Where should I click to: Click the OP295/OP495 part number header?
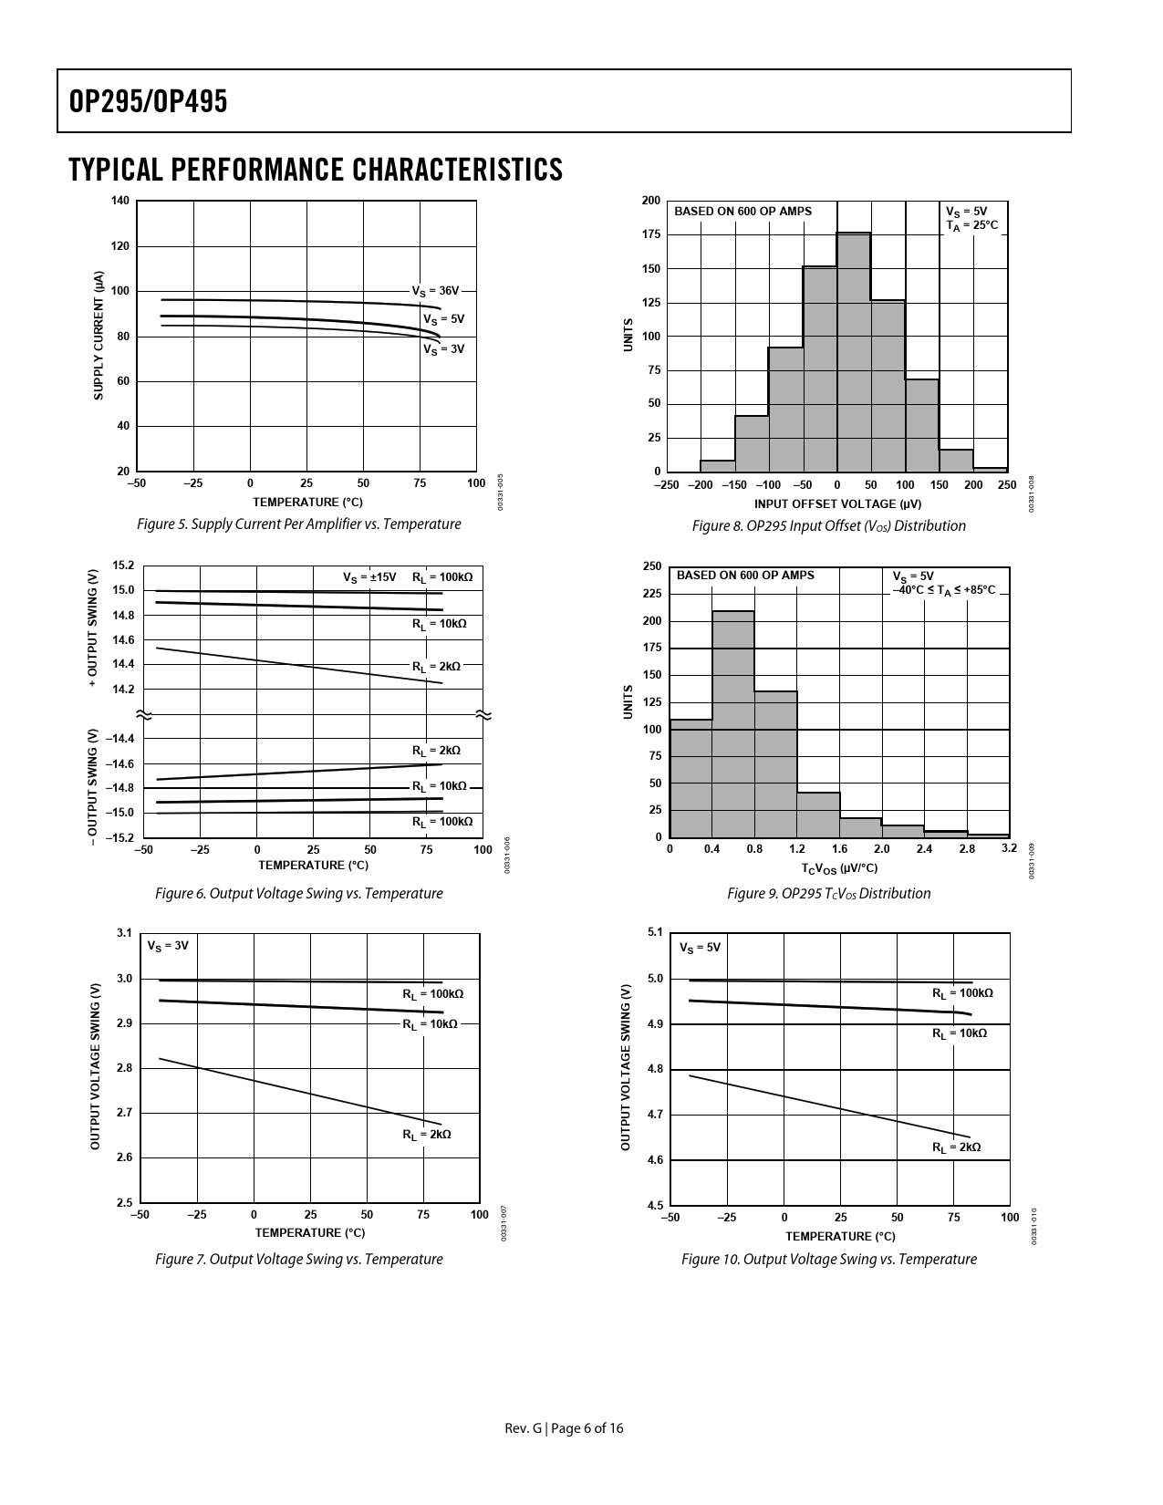(148, 101)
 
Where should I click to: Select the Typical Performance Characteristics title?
(315, 170)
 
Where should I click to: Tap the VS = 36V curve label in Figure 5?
(435, 291)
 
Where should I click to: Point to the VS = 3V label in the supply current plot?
(443, 348)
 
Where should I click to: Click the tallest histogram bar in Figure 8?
(854, 351)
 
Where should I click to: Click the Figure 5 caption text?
(298, 524)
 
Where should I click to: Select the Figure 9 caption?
(828, 894)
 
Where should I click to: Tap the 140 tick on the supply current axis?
(120, 201)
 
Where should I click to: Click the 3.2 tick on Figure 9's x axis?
(1009, 849)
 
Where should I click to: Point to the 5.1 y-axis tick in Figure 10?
(655, 932)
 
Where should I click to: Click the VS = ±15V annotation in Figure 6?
(369, 577)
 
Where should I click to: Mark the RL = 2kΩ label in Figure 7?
(427, 1135)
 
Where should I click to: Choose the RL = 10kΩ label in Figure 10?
(959, 1034)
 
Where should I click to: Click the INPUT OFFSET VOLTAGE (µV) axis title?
(837, 504)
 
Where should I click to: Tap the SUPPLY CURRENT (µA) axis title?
(99, 335)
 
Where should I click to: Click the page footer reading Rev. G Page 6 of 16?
(565, 1428)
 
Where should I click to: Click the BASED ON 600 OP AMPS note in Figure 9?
(745, 576)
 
